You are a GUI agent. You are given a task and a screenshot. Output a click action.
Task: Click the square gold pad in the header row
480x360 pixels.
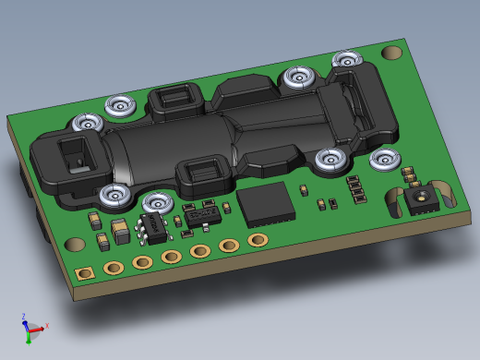(x=85, y=274)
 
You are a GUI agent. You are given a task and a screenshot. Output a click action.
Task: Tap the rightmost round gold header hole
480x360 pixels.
(x=258, y=240)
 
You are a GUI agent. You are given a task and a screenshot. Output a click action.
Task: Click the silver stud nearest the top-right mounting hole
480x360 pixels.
(x=347, y=60)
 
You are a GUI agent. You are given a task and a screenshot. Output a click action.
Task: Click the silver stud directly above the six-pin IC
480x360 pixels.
(x=157, y=200)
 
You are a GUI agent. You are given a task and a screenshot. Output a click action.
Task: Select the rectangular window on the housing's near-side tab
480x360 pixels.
(x=206, y=170)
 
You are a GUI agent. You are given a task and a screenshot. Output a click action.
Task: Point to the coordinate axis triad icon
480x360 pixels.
(x=31, y=328)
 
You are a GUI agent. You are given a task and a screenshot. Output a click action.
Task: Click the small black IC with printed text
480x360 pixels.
(x=200, y=216)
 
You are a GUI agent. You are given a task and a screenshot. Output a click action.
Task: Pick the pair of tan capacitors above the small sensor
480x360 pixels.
(x=409, y=174)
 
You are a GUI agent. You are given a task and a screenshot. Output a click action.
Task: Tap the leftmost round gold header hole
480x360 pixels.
(x=114, y=268)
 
